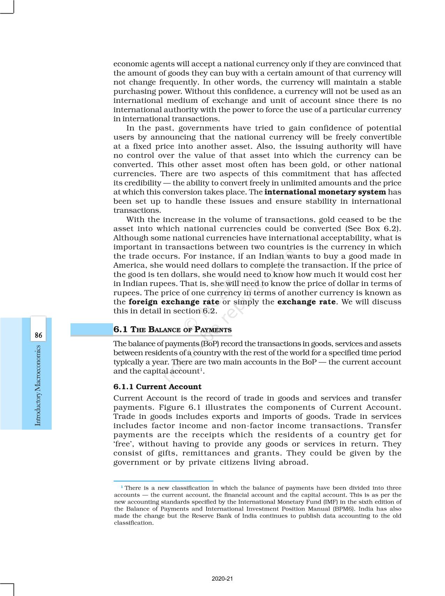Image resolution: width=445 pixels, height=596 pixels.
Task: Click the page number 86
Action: [38, 335]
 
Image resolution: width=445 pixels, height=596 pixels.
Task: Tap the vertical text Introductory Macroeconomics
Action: [38, 385]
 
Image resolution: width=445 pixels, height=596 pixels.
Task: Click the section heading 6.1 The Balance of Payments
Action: [172, 330]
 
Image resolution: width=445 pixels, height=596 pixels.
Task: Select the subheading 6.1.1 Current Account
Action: [157, 387]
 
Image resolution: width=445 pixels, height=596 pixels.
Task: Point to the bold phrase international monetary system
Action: [325, 192]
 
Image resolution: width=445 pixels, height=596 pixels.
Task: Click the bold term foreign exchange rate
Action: [174, 302]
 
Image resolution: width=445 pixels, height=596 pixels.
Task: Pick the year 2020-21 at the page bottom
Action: [222, 579]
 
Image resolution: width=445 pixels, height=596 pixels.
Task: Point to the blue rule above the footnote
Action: [163, 481]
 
